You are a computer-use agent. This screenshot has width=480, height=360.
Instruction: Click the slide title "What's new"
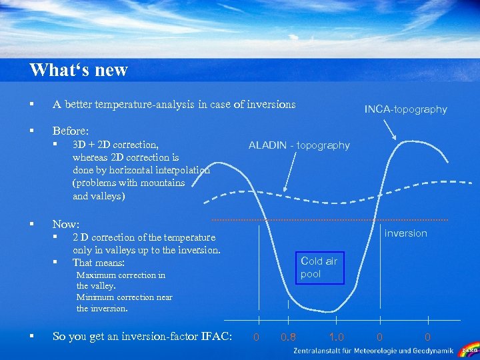[78, 70]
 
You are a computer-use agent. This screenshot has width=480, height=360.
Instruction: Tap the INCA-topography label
[405, 109]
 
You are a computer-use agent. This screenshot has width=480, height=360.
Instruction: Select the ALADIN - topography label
[299, 145]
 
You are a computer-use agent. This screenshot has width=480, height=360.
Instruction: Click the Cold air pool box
[319, 267]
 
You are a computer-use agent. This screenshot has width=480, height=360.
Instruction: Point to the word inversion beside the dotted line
[405, 233]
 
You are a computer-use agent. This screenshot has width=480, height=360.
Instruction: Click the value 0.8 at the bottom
[289, 337]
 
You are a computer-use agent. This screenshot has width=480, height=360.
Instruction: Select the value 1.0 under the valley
[337, 337]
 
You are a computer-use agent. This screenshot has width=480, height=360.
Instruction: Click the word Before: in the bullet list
[70, 131]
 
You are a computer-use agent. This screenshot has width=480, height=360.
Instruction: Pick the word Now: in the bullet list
[65, 225]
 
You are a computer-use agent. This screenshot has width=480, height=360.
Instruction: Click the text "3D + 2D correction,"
[115, 145]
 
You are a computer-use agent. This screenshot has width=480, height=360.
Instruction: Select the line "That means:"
[99, 263]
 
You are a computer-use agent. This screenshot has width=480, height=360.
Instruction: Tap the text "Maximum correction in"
[121, 275]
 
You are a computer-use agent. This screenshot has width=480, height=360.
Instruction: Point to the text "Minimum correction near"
[124, 297]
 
